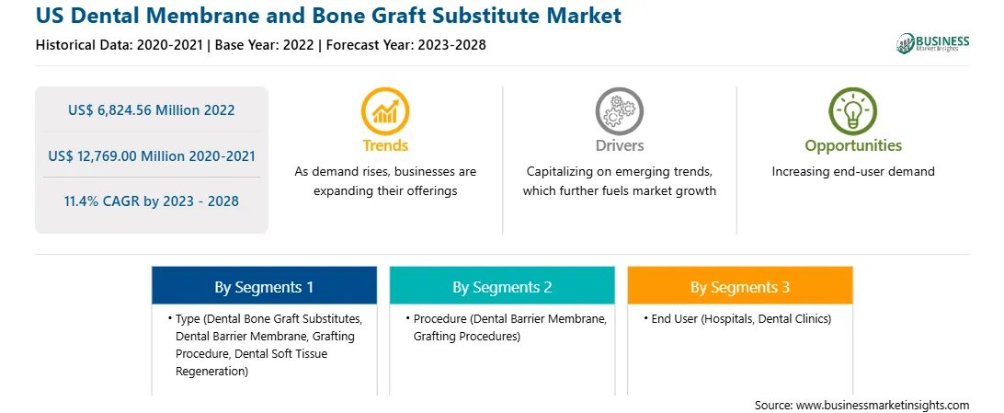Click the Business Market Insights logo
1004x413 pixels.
[x=933, y=43]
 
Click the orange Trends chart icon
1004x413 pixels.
[x=385, y=110]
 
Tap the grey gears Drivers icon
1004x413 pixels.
[x=619, y=110]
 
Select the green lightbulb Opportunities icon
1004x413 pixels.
[x=853, y=110]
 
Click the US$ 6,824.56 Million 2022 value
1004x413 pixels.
[x=151, y=110]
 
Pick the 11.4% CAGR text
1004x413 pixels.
[x=151, y=201]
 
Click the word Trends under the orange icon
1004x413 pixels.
[x=385, y=146]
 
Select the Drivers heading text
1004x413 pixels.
[x=619, y=146]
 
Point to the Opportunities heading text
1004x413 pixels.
[x=853, y=146]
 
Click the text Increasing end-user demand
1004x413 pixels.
[x=853, y=172]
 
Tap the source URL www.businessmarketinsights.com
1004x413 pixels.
[x=883, y=406]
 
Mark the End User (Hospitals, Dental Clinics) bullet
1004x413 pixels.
[x=741, y=319]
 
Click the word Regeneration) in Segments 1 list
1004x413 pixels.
[x=211, y=371]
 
